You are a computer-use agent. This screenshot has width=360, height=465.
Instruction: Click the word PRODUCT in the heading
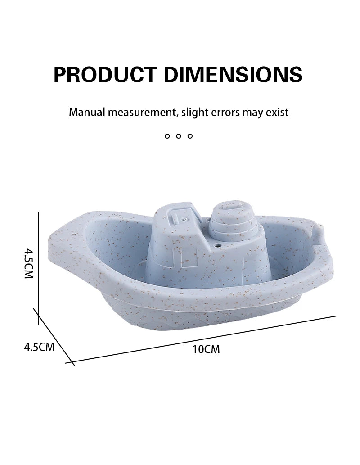[105, 74]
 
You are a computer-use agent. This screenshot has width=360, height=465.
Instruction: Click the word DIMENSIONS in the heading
[233, 74]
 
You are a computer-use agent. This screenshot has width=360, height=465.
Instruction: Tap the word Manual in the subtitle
[87, 112]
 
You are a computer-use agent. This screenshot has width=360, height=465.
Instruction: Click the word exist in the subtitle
[277, 112]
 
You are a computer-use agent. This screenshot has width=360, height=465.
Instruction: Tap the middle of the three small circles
[179, 136]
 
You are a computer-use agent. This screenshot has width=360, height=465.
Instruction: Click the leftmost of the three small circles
[167, 136]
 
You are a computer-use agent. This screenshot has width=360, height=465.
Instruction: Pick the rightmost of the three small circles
[190, 136]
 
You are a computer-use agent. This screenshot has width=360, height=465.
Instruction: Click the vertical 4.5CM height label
[28, 264]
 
